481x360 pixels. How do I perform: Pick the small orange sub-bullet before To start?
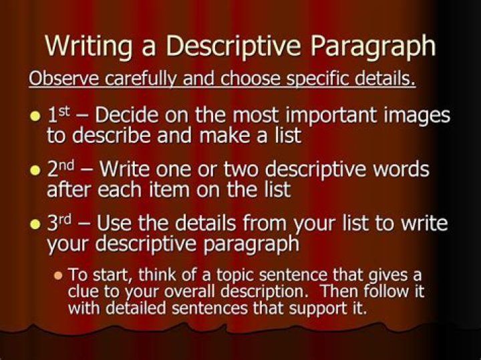pos(57,275)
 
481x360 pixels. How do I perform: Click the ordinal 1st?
pos(60,114)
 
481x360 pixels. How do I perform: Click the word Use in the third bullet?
pos(114,222)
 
